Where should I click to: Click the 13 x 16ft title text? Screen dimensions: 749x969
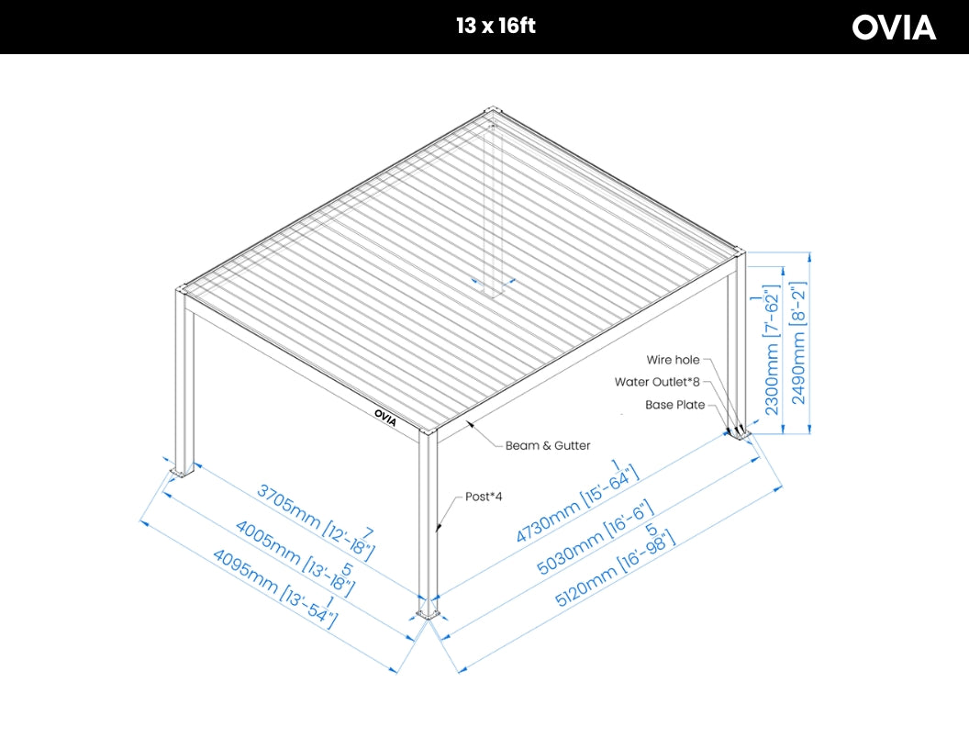496,26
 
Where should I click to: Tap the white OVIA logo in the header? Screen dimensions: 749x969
894,28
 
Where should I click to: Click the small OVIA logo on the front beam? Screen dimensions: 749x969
386,413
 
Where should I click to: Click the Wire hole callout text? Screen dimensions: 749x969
673,361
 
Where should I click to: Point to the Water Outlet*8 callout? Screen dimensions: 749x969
657,382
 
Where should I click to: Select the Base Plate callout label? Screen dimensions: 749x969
674,405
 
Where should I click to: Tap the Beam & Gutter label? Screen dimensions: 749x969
547,446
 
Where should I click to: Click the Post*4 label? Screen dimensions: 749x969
484,497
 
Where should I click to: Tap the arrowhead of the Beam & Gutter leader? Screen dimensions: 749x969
468,422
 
